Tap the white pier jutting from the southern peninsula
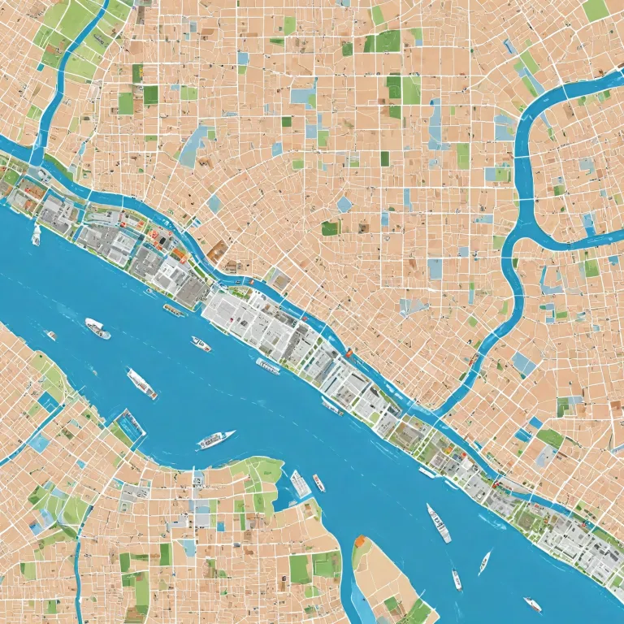(300, 484)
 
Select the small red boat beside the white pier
(318, 483)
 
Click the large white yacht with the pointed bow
(215, 440)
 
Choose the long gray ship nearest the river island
(439, 522)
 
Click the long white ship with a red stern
(141, 383)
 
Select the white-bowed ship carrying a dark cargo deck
(97, 328)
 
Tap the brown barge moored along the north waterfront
(174, 310)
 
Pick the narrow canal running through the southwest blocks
(79, 561)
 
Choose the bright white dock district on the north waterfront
(244, 317)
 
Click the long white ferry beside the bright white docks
(267, 366)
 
